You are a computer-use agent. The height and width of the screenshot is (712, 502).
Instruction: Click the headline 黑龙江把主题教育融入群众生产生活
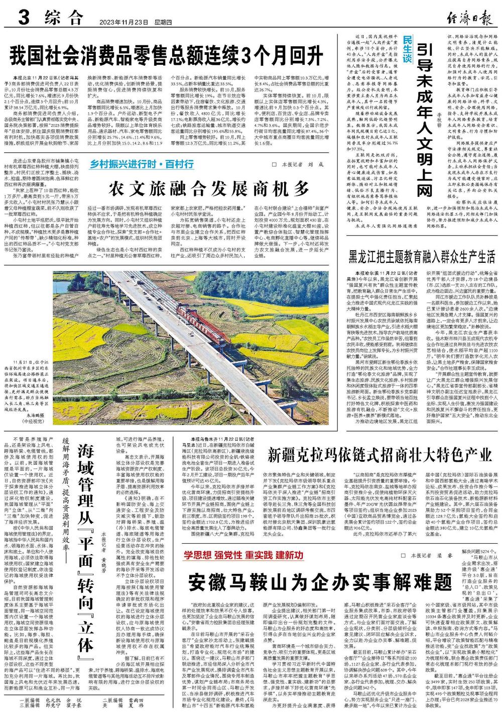(421, 257)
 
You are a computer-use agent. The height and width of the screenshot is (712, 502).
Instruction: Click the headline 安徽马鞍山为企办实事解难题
(320, 582)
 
